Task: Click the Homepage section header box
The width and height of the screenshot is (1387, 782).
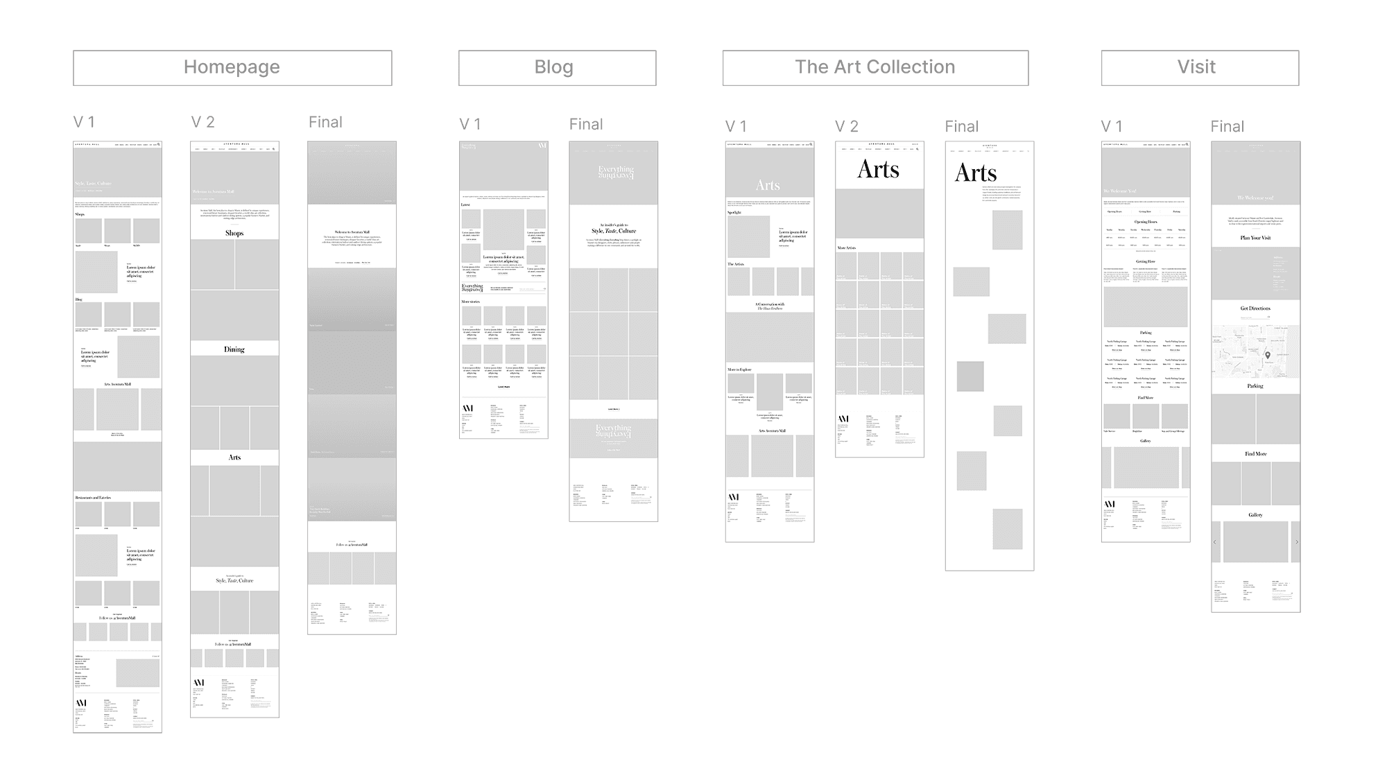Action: tap(232, 68)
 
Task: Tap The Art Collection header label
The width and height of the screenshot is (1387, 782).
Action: tap(875, 68)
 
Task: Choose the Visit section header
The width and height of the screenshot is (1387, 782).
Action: tap(1200, 68)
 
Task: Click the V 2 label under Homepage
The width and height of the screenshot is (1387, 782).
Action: tap(203, 123)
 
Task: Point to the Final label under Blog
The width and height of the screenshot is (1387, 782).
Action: tap(586, 125)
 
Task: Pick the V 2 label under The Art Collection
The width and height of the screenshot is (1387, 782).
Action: tap(847, 127)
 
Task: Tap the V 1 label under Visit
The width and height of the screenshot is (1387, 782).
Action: tap(1111, 127)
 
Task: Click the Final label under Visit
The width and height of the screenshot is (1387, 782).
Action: tap(1227, 127)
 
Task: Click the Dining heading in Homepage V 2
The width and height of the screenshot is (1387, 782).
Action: tap(234, 349)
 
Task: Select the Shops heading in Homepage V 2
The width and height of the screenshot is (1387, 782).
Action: tap(234, 234)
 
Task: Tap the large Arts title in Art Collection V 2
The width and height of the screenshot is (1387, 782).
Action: tap(879, 170)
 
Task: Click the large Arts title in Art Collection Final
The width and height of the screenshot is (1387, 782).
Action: tap(976, 173)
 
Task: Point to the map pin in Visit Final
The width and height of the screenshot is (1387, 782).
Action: tap(1268, 356)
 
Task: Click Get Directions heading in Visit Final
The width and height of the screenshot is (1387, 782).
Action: tap(1255, 309)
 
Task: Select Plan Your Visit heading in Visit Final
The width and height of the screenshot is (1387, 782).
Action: tap(1255, 238)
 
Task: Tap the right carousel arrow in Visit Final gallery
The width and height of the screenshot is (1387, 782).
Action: tap(1296, 542)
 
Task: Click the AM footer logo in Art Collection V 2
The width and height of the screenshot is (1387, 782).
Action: tap(843, 419)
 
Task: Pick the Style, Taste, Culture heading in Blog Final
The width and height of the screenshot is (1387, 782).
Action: tap(614, 232)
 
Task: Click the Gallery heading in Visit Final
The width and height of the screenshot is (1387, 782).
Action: tap(1255, 515)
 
